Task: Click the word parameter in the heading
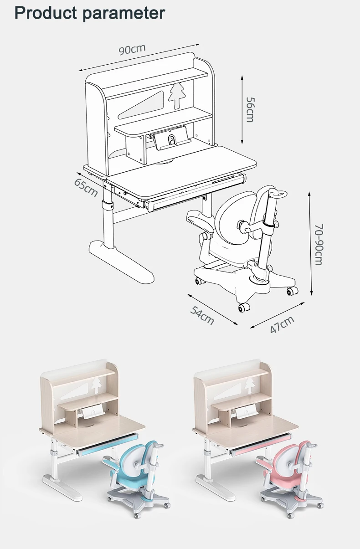click(x=123, y=13)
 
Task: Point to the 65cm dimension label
click(x=87, y=187)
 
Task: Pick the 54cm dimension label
click(x=202, y=315)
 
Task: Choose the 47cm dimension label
click(x=282, y=324)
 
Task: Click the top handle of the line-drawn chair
click(x=277, y=193)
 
